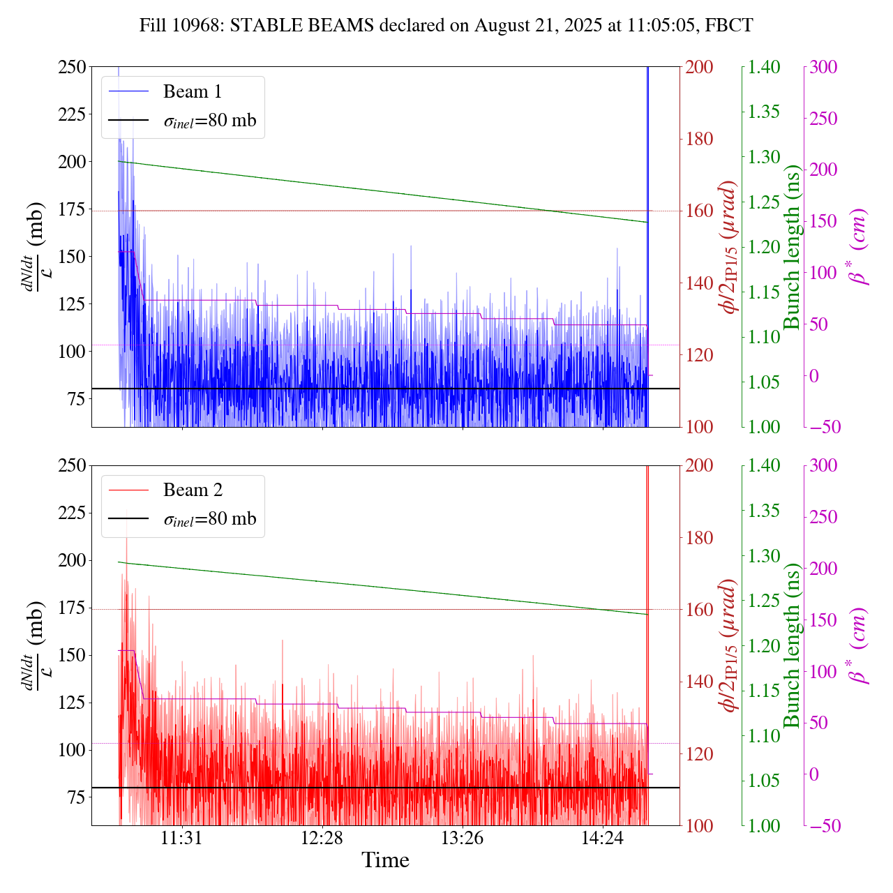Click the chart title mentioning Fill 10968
pos(446,26)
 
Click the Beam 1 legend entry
pos(192,91)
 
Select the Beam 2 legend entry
pos(193,490)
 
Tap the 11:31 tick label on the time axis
pos(182,837)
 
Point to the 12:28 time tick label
pos(322,837)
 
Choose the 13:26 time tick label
pos(463,837)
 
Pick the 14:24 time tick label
pos(603,837)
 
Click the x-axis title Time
pos(385,860)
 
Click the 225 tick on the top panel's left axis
pos(72,114)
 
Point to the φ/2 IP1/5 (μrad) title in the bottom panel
pos(729,645)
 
